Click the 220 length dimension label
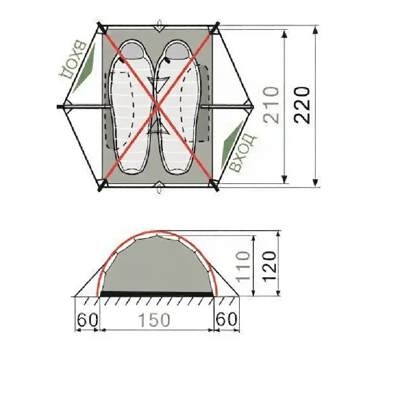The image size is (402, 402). click(x=302, y=106)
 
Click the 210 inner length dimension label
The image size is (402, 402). click(x=271, y=105)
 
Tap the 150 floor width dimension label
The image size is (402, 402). click(x=154, y=320)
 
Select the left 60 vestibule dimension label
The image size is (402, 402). click(x=87, y=320)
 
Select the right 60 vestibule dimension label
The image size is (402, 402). click(x=227, y=319)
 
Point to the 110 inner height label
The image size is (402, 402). click(x=243, y=267)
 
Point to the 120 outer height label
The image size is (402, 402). click(x=270, y=267)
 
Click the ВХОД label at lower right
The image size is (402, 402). click(x=243, y=153)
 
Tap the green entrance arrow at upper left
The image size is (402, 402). click(x=84, y=69)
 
